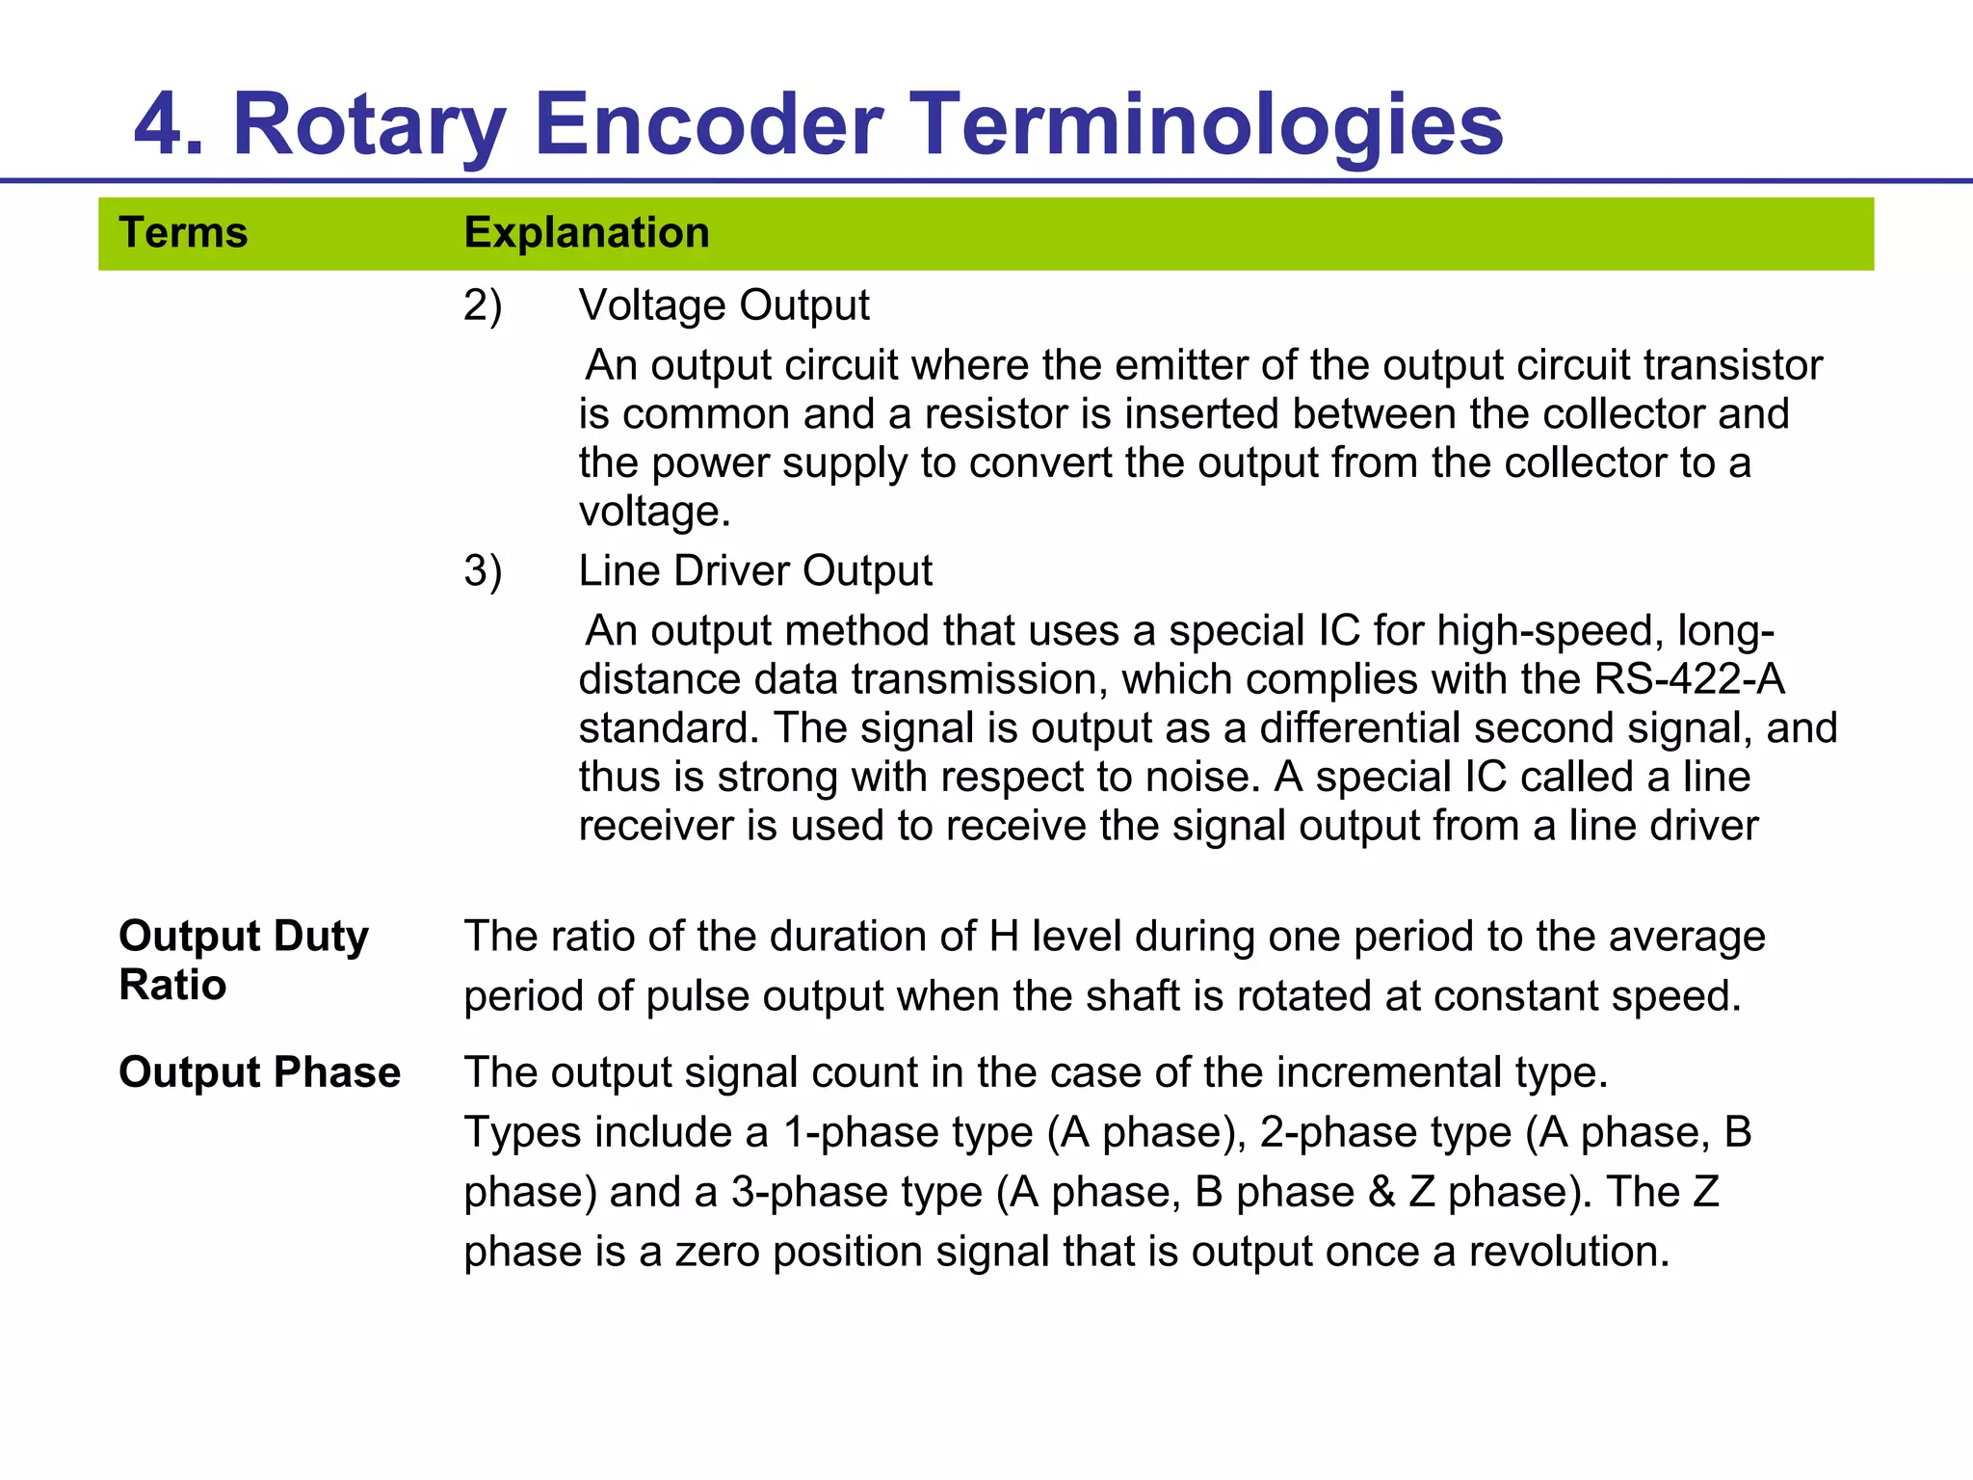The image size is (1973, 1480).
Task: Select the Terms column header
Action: pos(183,233)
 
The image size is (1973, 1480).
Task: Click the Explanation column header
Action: pos(587,233)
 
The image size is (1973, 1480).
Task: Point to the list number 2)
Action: pos(483,306)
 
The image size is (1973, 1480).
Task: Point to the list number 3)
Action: pos(483,571)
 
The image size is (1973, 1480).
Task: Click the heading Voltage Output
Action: pos(723,305)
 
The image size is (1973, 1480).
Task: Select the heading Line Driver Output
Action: pos(755,570)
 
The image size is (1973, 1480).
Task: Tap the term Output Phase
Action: pos(259,1072)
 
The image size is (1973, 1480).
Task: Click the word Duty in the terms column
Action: pos(321,937)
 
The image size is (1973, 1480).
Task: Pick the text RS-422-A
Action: pos(1689,679)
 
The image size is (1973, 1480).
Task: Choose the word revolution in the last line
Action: pos(1568,1252)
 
